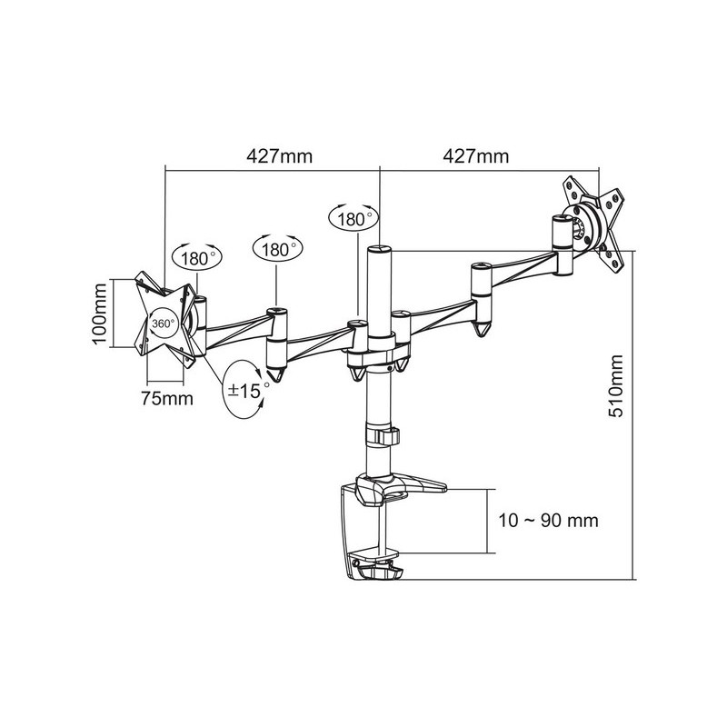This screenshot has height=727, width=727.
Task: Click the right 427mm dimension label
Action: click(x=475, y=156)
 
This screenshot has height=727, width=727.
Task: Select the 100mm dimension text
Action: click(x=101, y=311)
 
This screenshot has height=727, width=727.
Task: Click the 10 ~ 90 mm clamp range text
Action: click(x=553, y=521)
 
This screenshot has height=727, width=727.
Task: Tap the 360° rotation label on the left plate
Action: click(x=164, y=324)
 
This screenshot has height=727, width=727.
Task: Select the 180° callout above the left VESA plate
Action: click(x=198, y=258)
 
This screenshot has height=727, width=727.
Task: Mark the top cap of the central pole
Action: click(x=378, y=248)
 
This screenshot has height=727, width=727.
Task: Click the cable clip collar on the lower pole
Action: click(x=382, y=435)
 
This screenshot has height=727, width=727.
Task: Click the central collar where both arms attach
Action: click(x=373, y=350)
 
